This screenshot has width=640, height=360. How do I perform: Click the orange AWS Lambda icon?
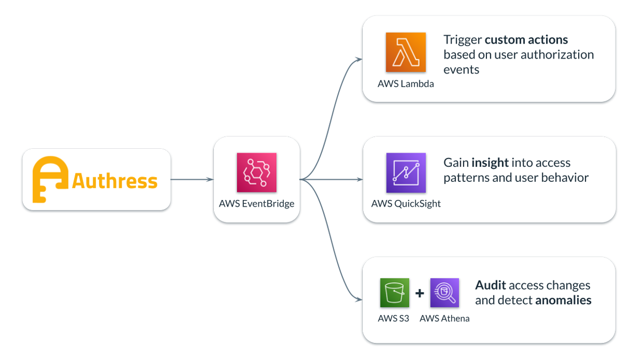406,52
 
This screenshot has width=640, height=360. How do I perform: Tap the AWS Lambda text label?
405,84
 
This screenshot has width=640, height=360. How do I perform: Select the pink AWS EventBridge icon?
257,173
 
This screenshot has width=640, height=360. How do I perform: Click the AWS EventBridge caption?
257,204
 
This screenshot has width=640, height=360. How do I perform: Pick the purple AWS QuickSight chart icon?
406,173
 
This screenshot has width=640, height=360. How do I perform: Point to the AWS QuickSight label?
406,204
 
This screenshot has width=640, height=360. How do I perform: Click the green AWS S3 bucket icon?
394,293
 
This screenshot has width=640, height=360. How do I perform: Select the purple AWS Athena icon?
445,293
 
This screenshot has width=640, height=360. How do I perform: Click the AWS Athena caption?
445,319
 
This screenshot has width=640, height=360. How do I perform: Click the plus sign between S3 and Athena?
420,293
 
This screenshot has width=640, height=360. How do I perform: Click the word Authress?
115,181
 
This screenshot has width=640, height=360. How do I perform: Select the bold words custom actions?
526,40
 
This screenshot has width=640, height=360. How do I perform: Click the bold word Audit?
490,285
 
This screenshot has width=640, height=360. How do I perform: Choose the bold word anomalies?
563,300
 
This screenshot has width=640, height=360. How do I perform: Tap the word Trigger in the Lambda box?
462,40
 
